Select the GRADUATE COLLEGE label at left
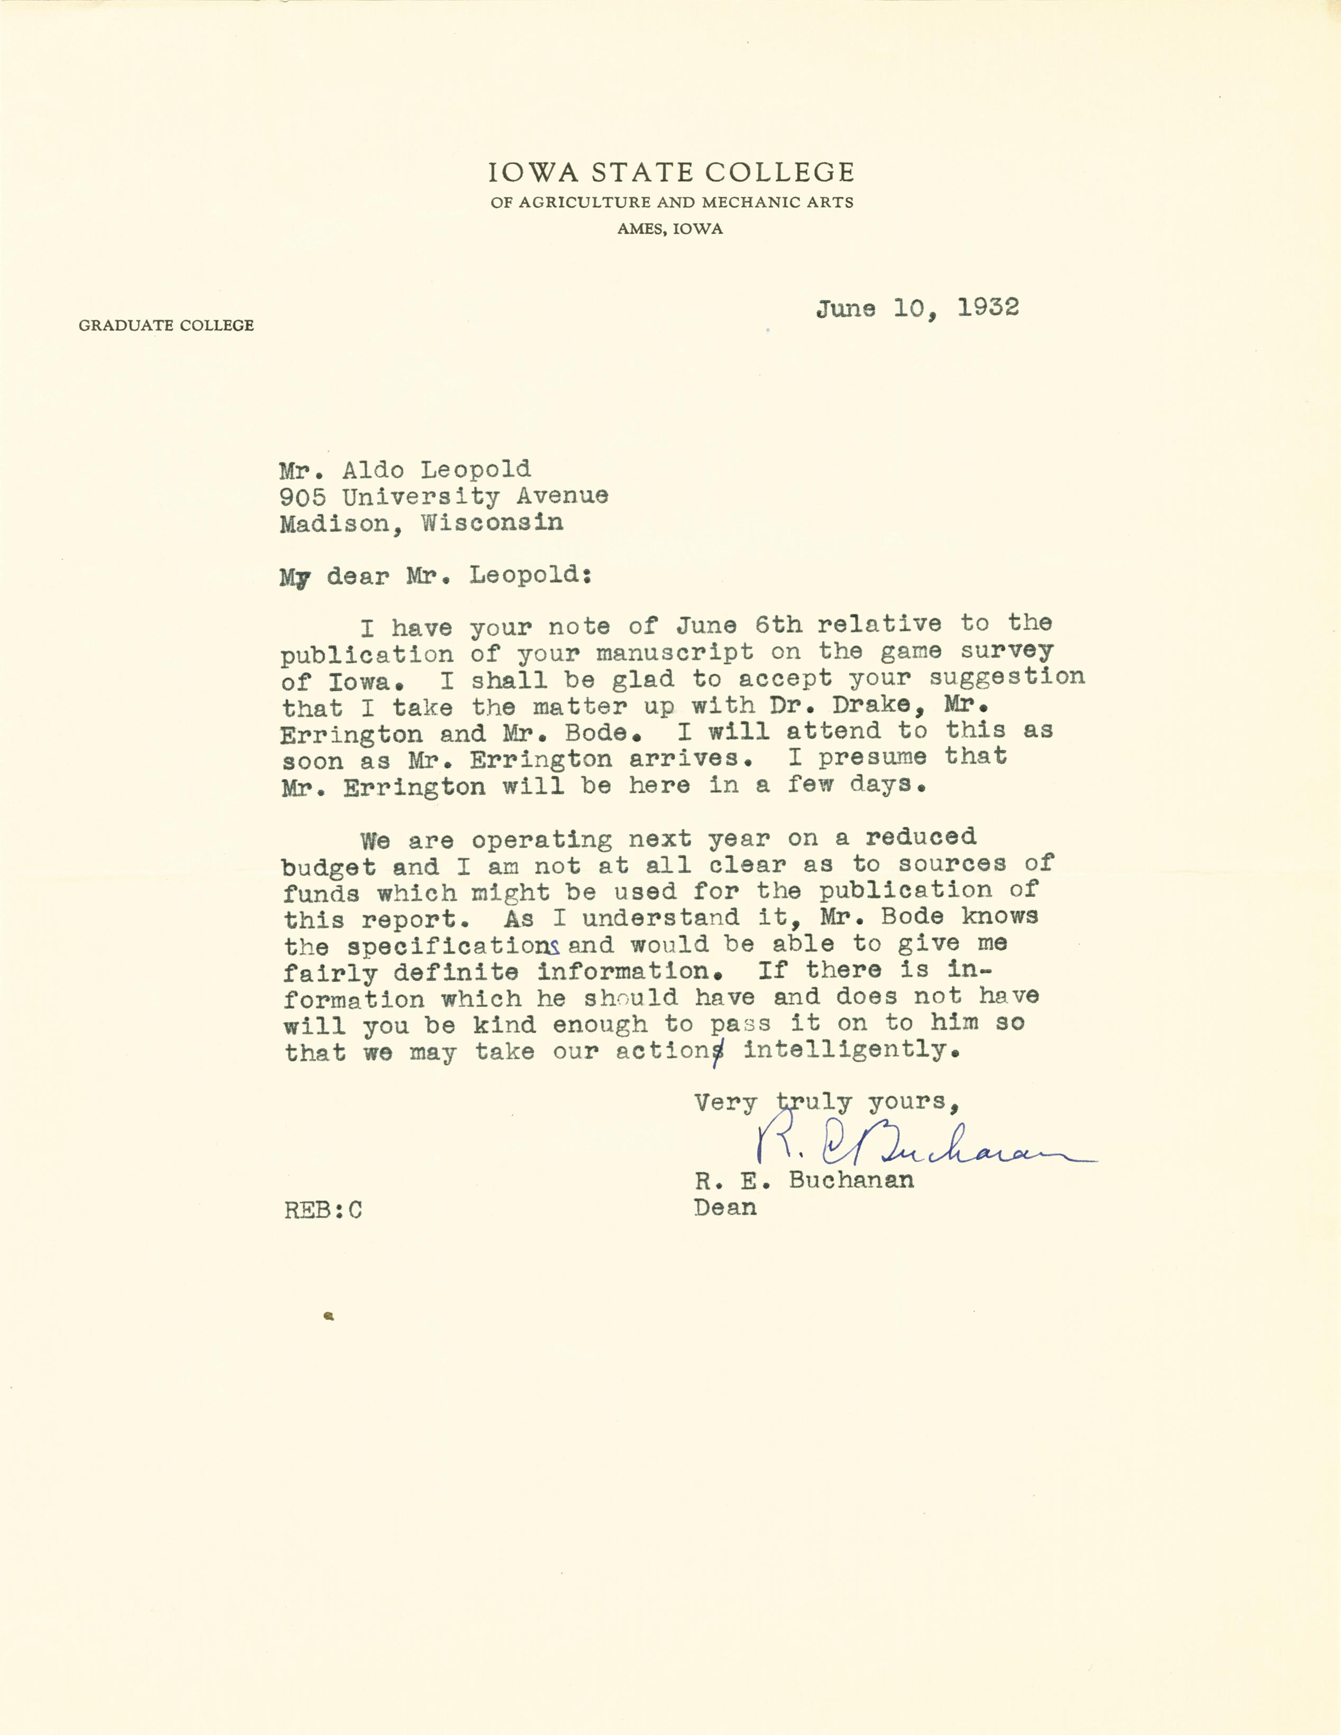point(166,325)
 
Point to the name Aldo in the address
point(373,470)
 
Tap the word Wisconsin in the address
point(492,523)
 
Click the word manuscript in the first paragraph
point(675,652)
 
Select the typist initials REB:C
point(323,1210)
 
